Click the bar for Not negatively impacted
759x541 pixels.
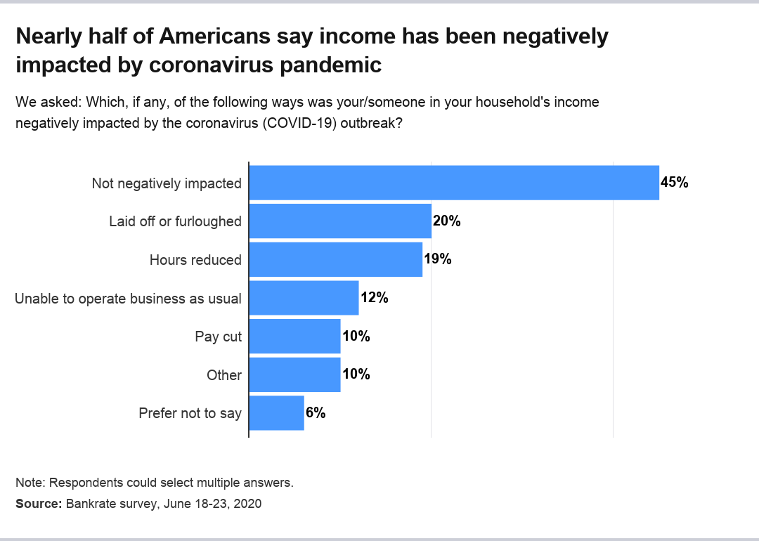(x=454, y=183)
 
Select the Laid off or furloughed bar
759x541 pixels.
(x=340, y=221)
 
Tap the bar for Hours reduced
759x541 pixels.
(x=336, y=259)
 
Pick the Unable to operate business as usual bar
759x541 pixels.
(x=304, y=298)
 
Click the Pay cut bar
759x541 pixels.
(x=294, y=337)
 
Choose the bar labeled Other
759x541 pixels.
(x=294, y=374)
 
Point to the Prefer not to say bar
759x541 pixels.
(x=276, y=413)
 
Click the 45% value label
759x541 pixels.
(x=674, y=183)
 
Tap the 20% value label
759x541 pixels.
(x=446, y=221)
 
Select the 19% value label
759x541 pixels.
(x=437, y=259)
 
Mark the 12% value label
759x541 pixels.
(x=374, y=298)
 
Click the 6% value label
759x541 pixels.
(x=315, y=413)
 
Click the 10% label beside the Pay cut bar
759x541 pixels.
(x=356, y=337)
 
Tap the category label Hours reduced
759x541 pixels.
(x=195, y=260)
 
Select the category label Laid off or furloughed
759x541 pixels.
(x=175, y=221)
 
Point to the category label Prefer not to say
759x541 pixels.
(x=190, y=413)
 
